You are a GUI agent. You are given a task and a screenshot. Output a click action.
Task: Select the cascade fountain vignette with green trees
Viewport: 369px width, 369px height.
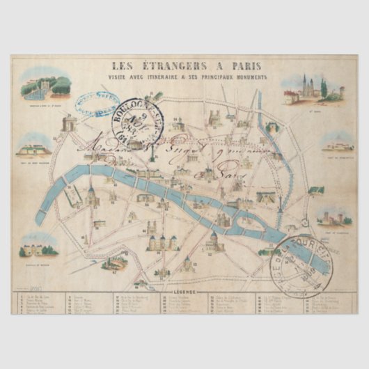(46, 89)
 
